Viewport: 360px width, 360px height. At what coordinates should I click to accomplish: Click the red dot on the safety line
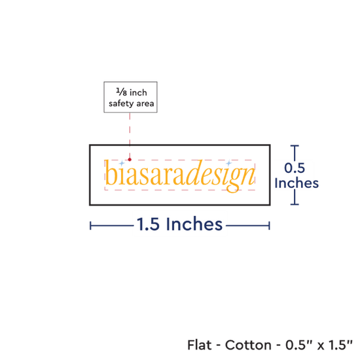[x=130, y=159]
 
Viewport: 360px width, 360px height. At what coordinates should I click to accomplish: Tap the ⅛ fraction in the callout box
[x=122, y=92]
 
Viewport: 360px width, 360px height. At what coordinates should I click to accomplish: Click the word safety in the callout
[x=122, y=104]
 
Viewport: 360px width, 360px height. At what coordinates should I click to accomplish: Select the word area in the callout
[x=145, y=104]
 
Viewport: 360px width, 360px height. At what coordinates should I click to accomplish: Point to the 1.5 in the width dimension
[x=148, y=224]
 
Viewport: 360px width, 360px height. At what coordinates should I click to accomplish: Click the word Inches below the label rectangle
[x=194, y=224]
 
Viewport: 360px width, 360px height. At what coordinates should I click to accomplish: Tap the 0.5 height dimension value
[x=295, y=168]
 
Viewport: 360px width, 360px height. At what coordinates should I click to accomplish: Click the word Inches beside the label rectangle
[x=297, y=183]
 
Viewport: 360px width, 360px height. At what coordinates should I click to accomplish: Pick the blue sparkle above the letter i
[x=122, y=164]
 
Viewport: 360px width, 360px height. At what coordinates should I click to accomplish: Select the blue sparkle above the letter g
[x=228, y=163]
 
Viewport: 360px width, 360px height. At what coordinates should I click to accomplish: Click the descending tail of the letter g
[x=233, y=189]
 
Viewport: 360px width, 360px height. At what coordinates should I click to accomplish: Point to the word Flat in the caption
[x=200, y=345]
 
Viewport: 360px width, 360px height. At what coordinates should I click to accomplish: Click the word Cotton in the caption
[x=248, y=345]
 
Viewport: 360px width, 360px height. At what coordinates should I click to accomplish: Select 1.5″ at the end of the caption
[x=340, y=345]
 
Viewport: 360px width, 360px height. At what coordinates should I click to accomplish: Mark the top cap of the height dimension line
[x=295, y=145]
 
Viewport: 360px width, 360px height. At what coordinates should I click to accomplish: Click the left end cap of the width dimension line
[x=90, y=226]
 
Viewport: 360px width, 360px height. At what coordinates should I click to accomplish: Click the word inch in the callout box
[x=138, y=92]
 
